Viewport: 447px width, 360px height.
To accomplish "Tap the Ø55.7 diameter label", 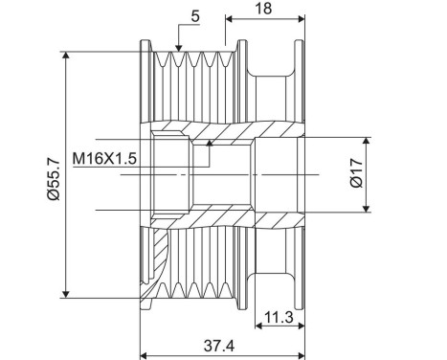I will tap(52, 176).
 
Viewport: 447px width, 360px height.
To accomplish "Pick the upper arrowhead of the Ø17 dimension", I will tap(365, 140).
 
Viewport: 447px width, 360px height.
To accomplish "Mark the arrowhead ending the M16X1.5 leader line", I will tap(210, 144).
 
